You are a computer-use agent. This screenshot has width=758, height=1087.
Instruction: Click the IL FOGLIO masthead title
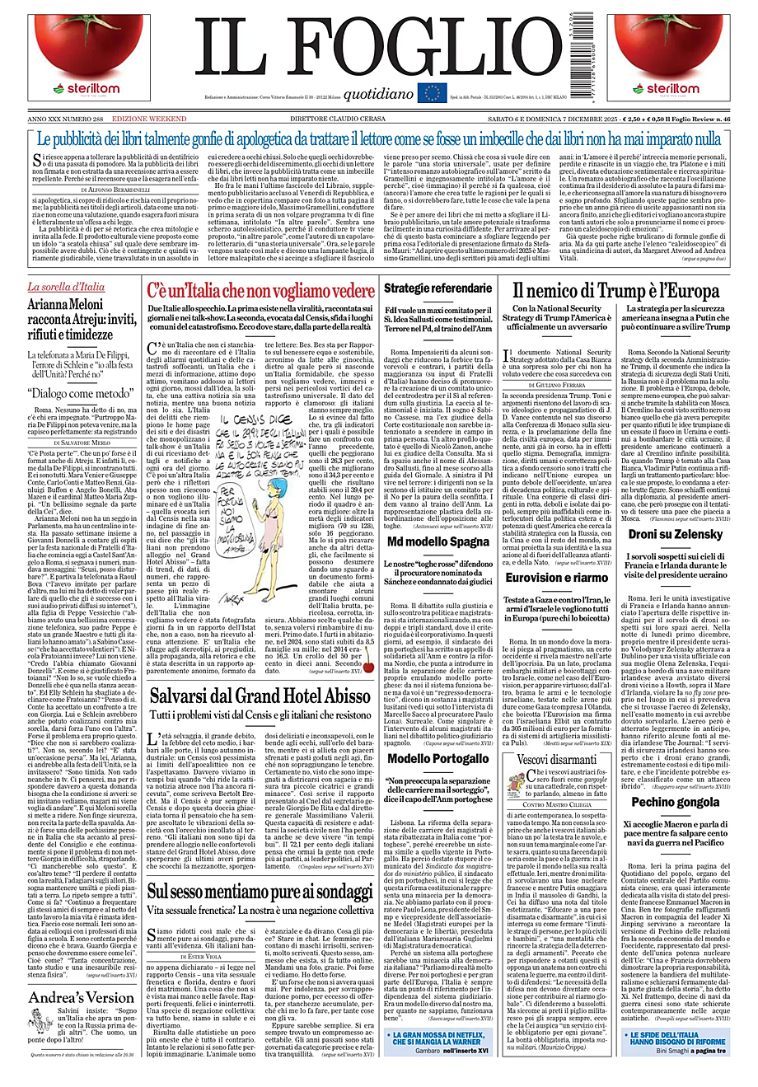pos(378,49)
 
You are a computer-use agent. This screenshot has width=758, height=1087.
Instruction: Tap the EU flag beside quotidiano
pos(432,93)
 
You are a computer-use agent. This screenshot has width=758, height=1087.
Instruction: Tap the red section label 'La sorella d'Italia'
pos(66,288)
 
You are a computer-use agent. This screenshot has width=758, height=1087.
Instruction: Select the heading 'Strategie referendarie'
pos(437,289)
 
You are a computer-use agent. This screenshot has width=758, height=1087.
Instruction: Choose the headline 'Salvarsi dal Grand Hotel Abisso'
pos(260,696)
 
